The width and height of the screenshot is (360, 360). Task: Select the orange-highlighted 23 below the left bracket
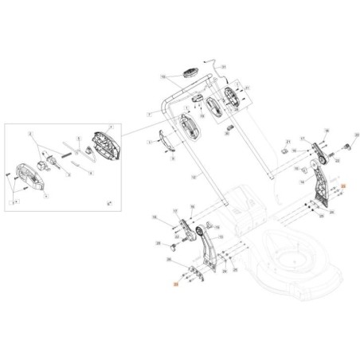[176, 283]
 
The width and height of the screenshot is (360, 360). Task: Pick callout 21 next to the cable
[225, 67]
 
